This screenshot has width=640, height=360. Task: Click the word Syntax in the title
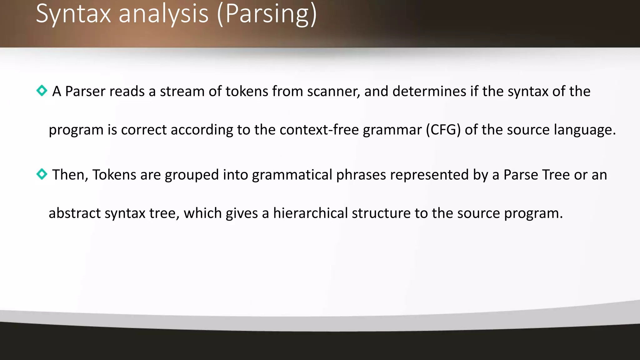click(73, 14)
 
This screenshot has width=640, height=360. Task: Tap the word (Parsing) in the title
click(267, 14)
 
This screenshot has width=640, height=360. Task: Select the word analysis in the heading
click(163, 14)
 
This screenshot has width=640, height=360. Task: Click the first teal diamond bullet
click(42, 91)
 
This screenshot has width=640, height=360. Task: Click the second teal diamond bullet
click(42, 174)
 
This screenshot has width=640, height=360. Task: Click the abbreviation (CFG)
click(443, 130)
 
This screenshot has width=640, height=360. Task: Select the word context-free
click(319, 130)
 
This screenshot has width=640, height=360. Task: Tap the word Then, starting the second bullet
click(70, 175)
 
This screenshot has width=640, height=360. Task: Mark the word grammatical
click(292, 175)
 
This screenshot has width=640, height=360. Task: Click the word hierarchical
click(310, 213)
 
